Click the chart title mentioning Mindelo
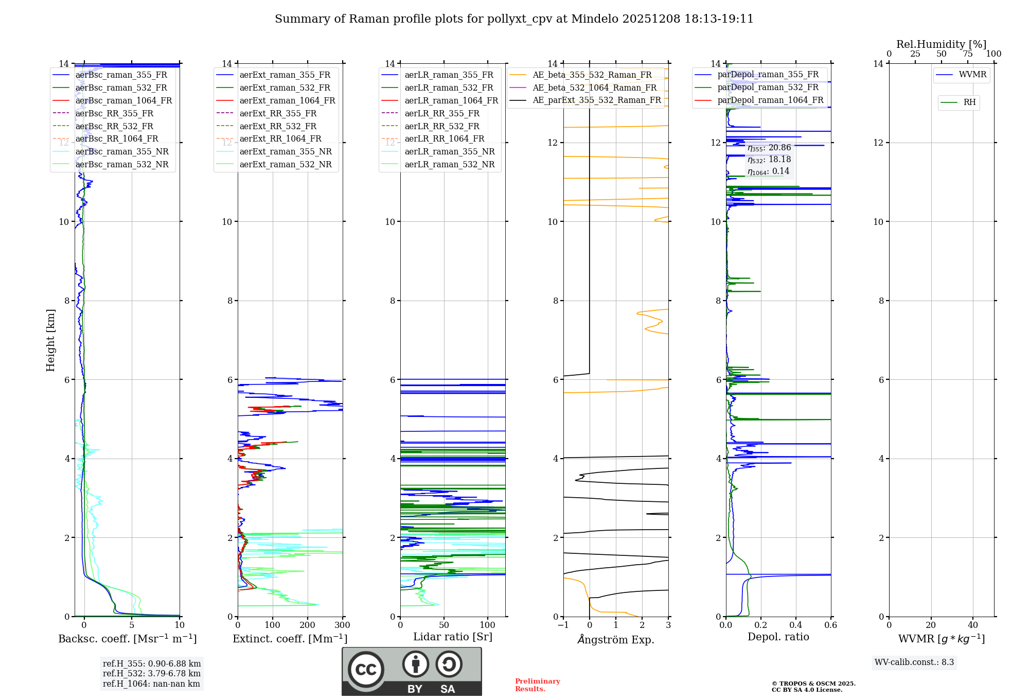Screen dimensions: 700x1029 514,19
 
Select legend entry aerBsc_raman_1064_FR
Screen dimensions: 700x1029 123,100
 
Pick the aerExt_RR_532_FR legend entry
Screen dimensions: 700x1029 278,126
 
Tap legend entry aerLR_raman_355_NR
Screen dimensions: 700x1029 449,151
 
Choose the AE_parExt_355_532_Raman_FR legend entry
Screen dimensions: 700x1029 596,100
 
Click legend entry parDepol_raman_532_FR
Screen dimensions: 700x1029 768,87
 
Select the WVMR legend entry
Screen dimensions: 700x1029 972,75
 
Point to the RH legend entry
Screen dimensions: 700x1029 969,102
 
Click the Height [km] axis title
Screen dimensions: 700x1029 50,340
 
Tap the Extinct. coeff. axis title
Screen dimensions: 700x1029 290,639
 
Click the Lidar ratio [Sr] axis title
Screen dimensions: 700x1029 452,637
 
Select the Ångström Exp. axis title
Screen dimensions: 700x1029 615,639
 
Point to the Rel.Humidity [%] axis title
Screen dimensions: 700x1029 941,44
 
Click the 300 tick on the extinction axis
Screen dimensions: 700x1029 342,625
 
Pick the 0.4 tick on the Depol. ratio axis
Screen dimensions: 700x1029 795,625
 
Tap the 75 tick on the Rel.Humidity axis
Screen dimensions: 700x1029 967,54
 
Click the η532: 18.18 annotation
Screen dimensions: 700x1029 769,160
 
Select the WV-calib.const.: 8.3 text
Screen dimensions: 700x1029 914,662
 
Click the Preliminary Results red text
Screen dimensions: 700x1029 537,685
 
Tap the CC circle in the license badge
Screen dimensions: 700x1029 366,670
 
